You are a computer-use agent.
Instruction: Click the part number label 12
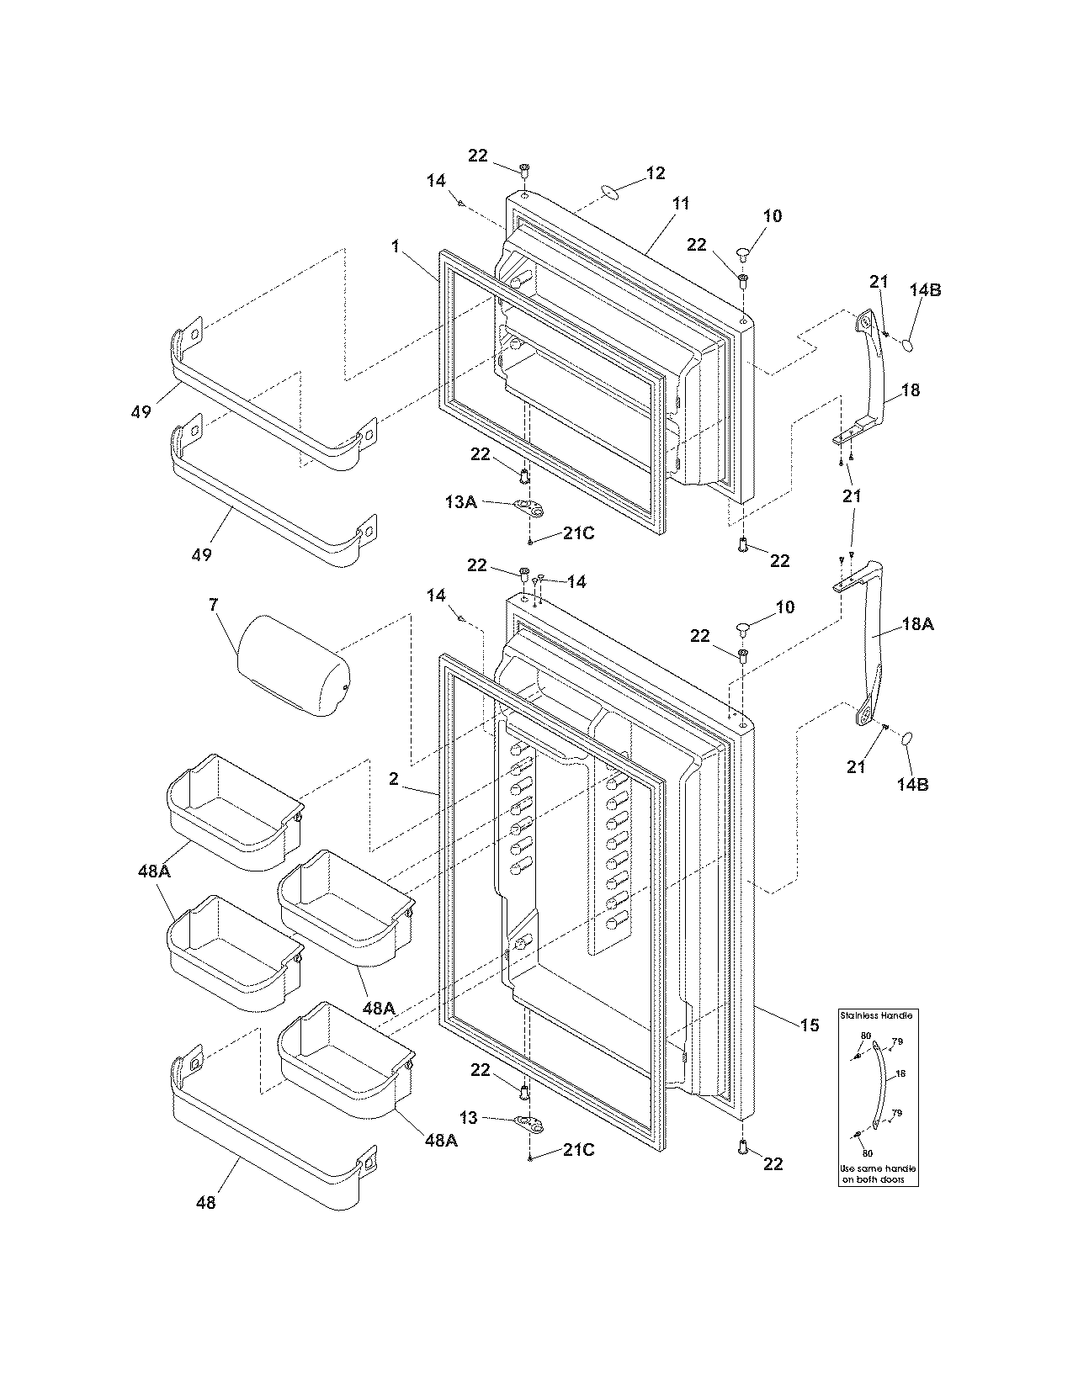point(655,173)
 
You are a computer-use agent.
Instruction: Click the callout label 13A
point(460,502)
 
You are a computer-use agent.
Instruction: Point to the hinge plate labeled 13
point(527,1121)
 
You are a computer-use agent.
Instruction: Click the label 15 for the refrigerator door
point(809,1025)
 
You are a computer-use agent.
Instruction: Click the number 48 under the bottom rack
point(205,1203)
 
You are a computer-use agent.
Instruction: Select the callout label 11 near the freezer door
point(680,204)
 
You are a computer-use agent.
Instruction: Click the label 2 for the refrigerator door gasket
point(393,779)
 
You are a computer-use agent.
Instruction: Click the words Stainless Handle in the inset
point(876,1015)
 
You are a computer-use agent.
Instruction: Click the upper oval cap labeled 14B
point(908,343)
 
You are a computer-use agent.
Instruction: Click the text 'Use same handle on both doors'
point(877,1174)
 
